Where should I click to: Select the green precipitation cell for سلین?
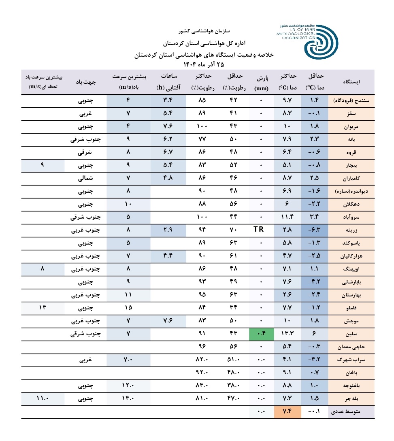(x=260, y=334)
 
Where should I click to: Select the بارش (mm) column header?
(x=261, y=82)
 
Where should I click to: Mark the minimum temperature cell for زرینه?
(x=315, y=230)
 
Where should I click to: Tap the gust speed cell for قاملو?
(x=43, y=308)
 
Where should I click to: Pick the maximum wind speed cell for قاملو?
(x=128, y=308)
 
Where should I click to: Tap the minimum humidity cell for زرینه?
(x=232, y=230)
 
